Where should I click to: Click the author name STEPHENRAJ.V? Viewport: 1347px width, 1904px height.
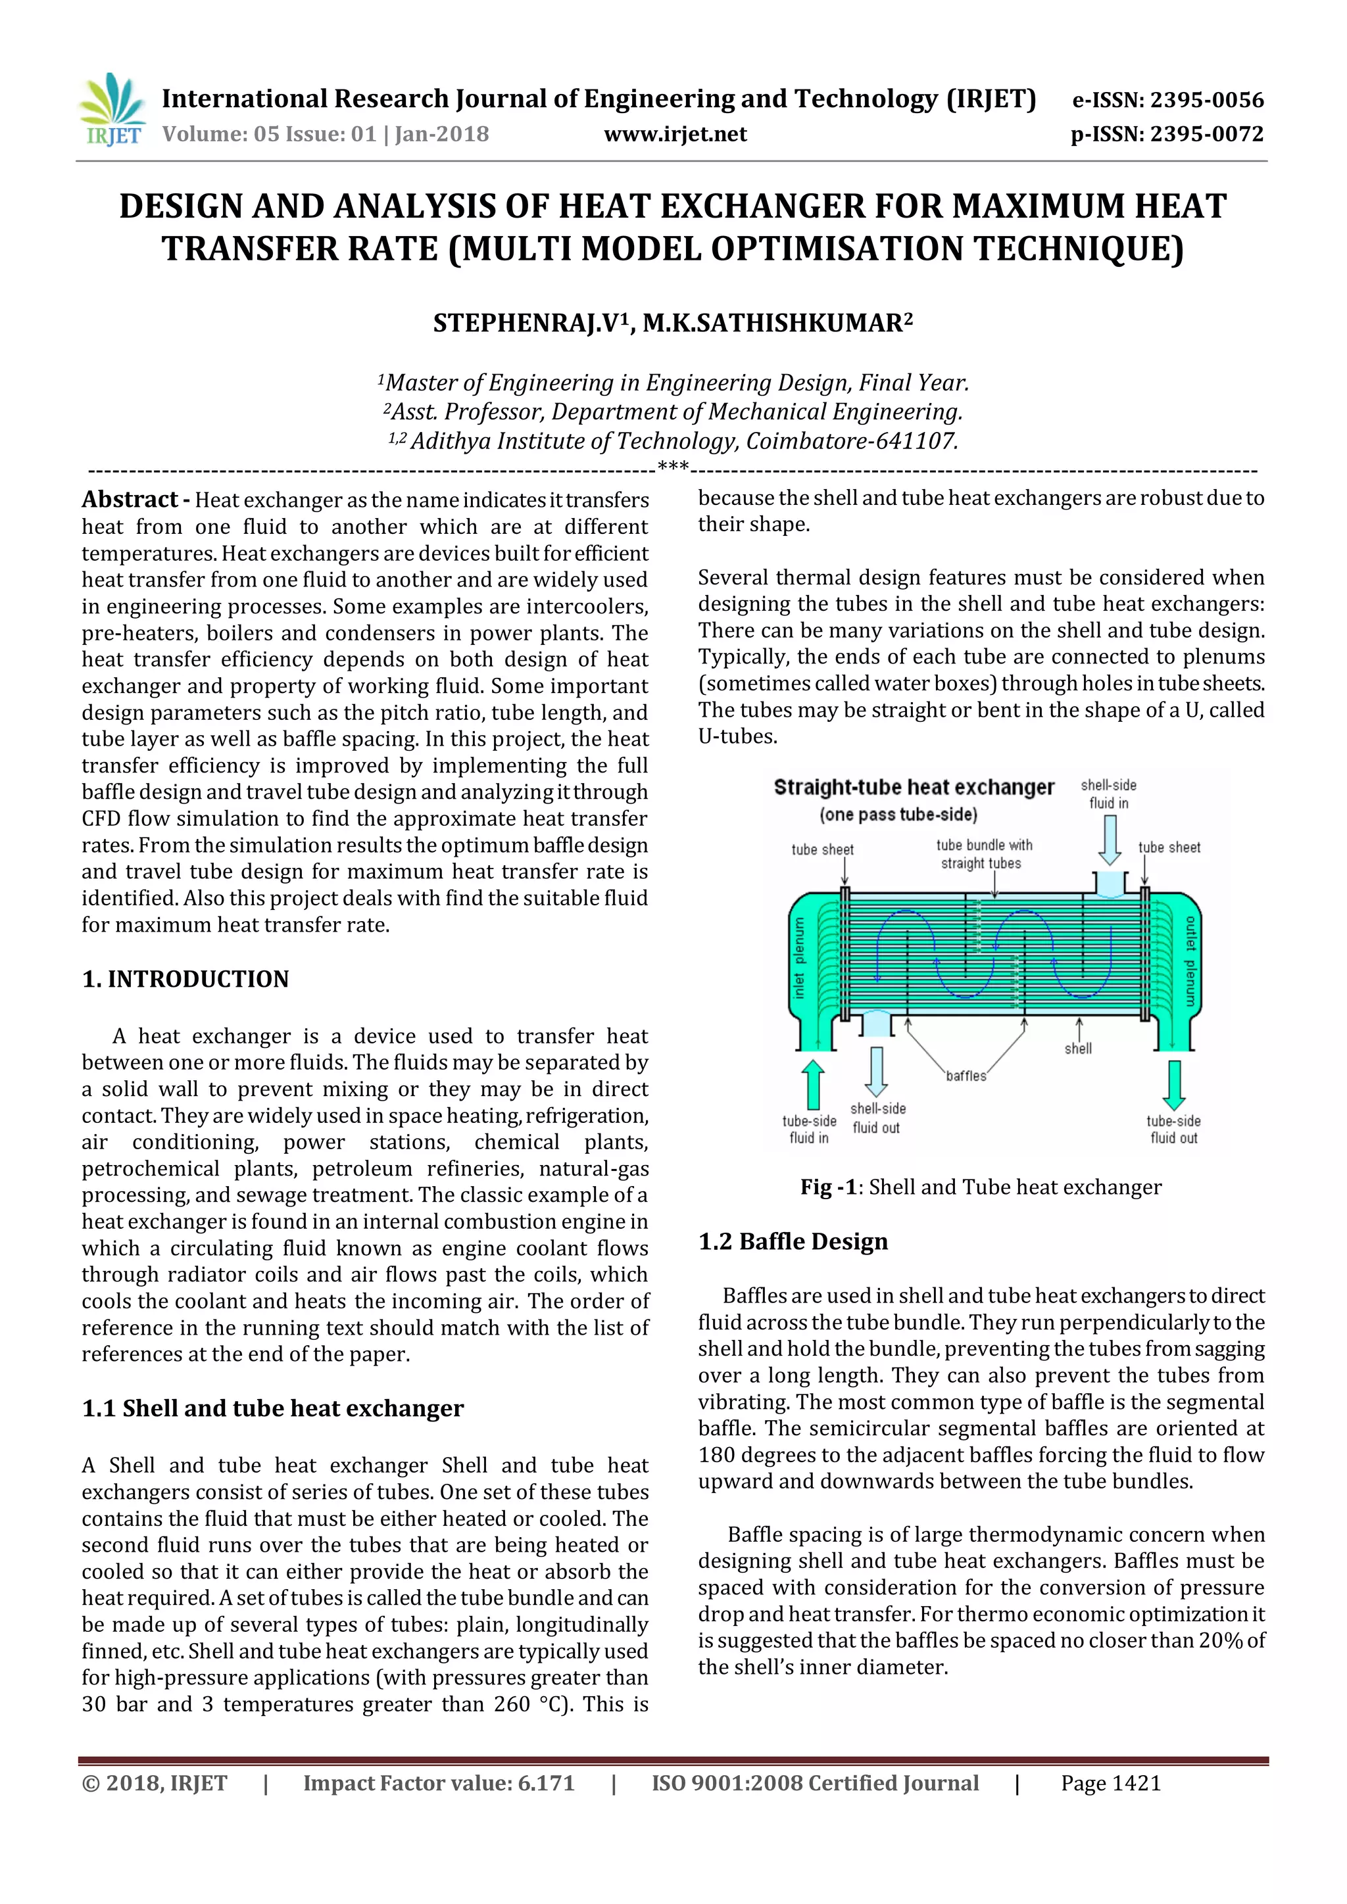coord(528,323)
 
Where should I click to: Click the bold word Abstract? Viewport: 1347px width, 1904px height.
coord(130,499)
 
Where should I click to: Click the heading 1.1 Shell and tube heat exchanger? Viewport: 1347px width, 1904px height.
coord(272,1408)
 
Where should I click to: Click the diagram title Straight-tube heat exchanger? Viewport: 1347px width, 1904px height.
coord(913,787)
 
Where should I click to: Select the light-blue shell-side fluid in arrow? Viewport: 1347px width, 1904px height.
coord(1109,840)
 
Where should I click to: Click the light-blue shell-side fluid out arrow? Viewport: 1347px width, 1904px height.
coord(876,1070)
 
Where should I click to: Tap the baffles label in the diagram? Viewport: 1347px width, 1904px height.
coord(966,1076)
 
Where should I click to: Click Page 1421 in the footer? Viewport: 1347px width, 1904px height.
coord(1111,1784)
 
